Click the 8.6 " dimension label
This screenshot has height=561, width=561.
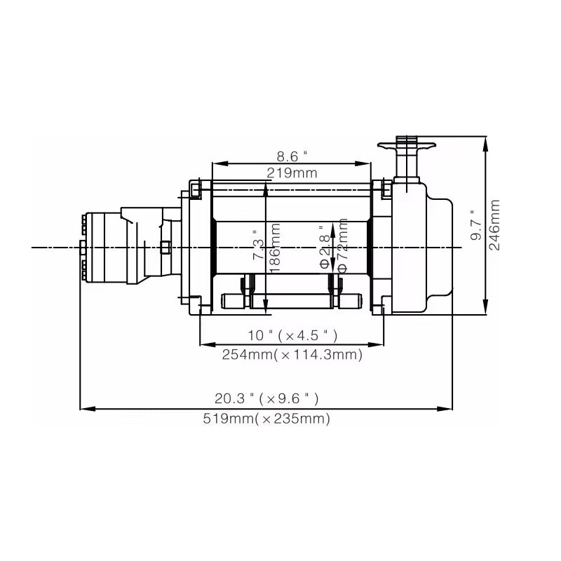coord(292,156)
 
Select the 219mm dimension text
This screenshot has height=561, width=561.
coord(292,173)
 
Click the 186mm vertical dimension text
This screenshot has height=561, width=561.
coord(276,249)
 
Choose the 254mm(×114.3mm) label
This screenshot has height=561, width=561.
coord(292,355)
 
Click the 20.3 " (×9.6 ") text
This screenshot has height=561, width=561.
coord(266,398)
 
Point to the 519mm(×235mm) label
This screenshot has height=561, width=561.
coord(266,419)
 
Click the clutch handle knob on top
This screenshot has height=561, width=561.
coord(406,145)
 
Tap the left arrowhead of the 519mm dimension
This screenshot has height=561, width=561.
coord(84,408)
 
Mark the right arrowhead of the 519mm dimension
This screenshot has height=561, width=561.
coord(448,408)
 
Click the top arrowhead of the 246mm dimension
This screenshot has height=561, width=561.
coord(487,140)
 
